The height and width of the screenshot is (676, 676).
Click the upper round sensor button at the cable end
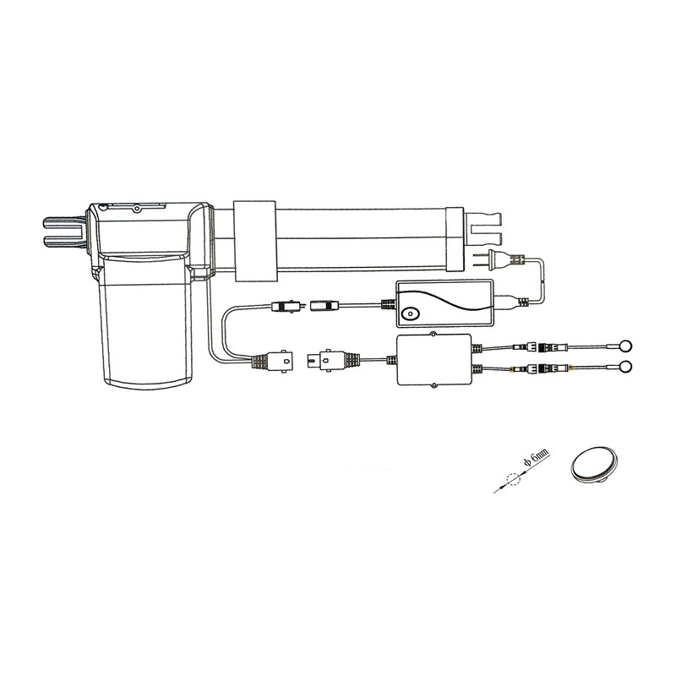(626, 346)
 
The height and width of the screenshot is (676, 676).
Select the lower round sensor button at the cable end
(626, 368)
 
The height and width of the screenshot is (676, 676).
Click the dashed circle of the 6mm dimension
(513, 479)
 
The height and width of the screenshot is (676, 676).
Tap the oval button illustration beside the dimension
(596, 464)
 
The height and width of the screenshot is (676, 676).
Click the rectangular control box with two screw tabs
(433, 360)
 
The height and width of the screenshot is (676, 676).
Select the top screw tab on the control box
(433, 333)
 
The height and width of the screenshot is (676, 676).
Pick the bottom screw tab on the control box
(433, 385)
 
